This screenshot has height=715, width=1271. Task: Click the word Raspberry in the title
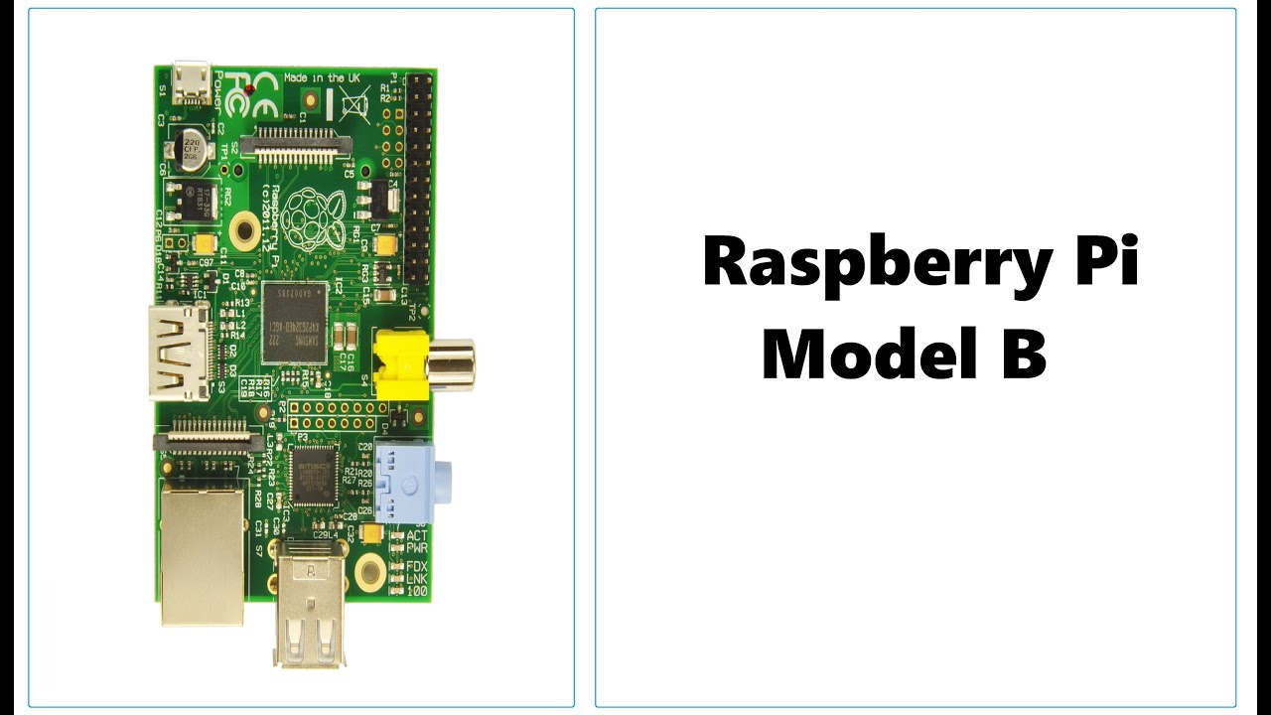point(861,263)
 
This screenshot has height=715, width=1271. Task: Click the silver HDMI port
point(181,353)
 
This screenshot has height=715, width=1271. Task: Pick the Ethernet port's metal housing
point(203,556)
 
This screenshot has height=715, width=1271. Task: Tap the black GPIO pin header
point(419,179)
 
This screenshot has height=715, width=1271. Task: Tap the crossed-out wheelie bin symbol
point(353,103)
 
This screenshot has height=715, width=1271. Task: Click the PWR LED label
point(417,547)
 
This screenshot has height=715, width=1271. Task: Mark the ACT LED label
point(417,535)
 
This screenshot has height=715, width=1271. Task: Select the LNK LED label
point(417,579)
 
